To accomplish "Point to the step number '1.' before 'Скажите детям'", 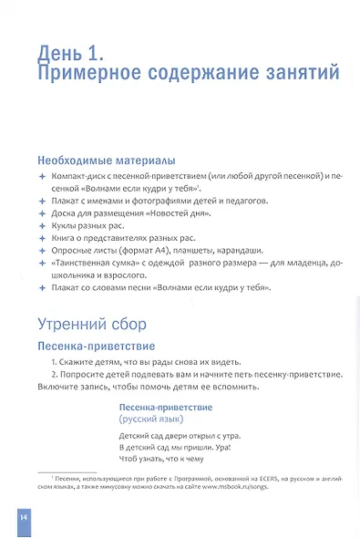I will tap(56, 362).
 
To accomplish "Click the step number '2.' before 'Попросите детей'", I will tap(56, 374).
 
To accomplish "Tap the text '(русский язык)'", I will tap(152, 419).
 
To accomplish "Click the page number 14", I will tap(23, 517).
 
